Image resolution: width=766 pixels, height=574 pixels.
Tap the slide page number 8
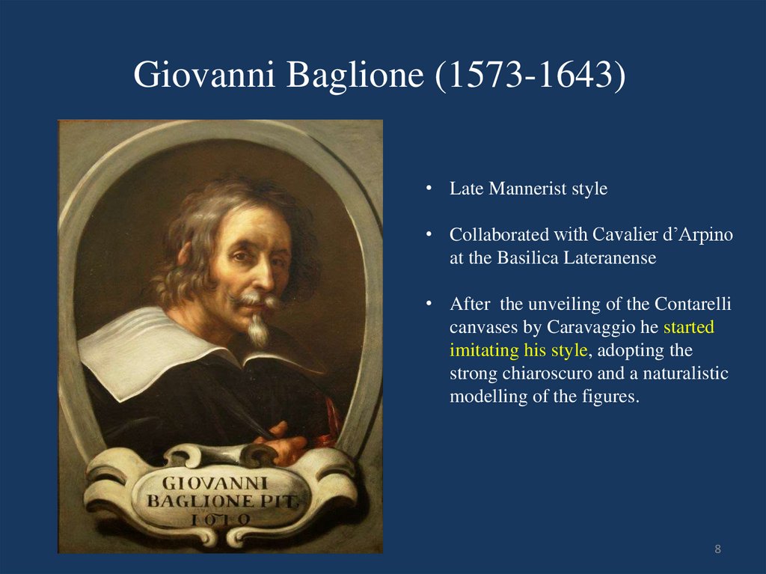(x=718, y=550)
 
